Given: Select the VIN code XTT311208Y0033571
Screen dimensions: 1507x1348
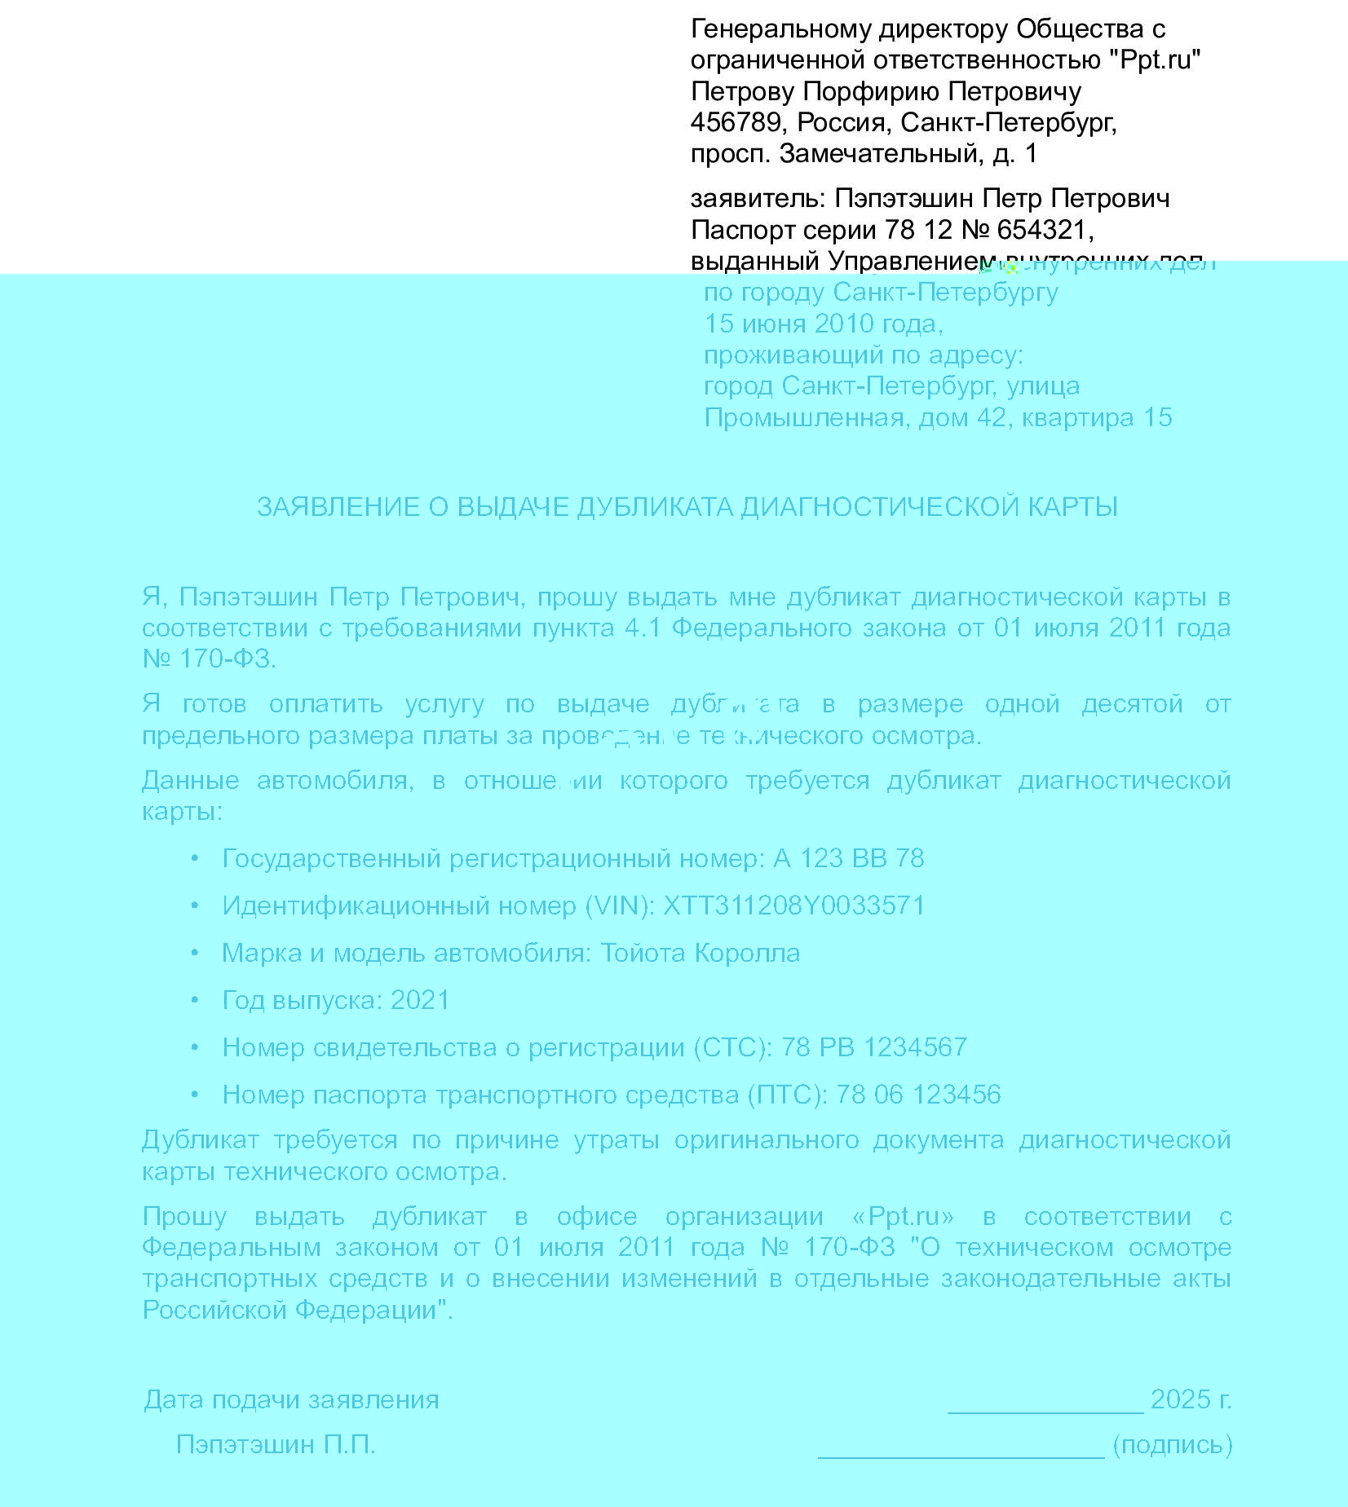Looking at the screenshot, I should [x=793, y=906].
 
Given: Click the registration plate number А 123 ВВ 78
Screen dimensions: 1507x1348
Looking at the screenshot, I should [x=848, y=858].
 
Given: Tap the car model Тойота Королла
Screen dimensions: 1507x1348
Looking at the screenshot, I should [x=700, y=953].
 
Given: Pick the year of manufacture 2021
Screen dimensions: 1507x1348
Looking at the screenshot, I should [x=420, y=1000].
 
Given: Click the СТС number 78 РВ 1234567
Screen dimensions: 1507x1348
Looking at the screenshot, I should [x=873, y=1047].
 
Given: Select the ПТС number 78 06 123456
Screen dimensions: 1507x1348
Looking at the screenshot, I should [x=918, y=1095].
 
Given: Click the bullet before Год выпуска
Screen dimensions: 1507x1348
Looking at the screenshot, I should [x=195, y=1000].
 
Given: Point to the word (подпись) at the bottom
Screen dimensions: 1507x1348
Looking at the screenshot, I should [x=1172, y=1445].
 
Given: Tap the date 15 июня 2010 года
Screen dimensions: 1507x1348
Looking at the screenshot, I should [x=823, y=324].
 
